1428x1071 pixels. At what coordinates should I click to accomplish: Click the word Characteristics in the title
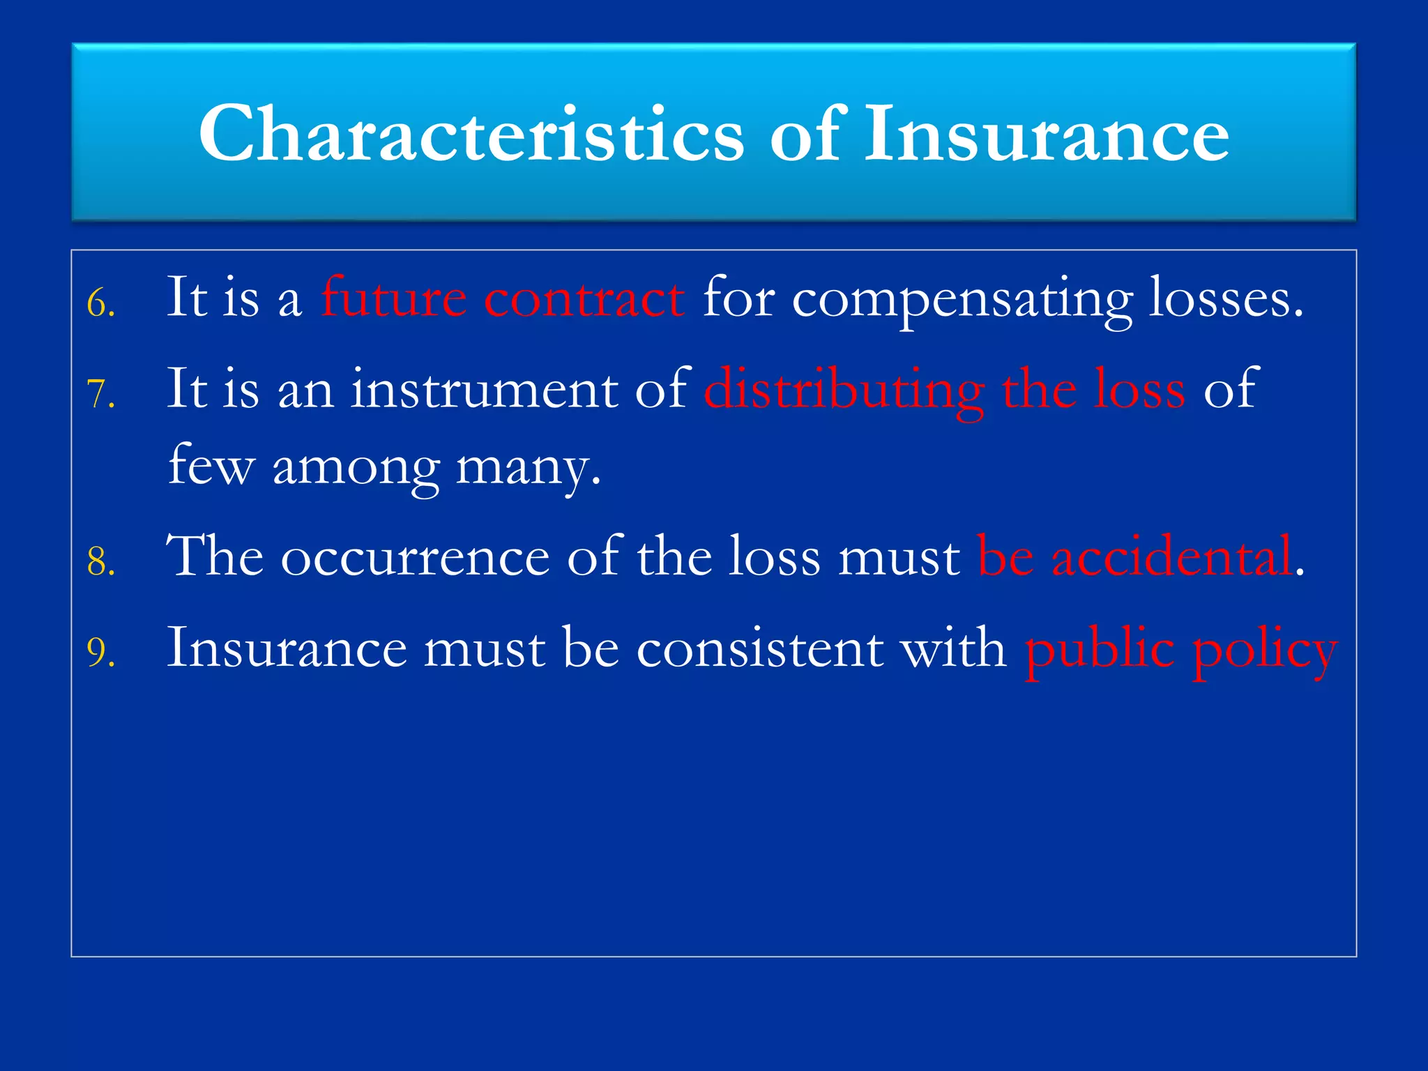click(x=471, y=134)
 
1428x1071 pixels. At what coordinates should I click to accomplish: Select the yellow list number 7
click(x=101, y=395)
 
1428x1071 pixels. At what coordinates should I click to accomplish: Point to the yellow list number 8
click(x=101, y=562)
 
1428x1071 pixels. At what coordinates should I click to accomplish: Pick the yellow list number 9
click(x=101, y=653)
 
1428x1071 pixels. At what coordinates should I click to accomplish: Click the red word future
click(x=394, y=298)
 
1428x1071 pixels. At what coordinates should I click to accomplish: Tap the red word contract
click(x=584, y=298)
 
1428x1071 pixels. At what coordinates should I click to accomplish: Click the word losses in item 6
click(x=1226, y=298)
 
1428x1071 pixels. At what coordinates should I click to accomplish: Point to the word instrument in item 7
click(x=484, y=389)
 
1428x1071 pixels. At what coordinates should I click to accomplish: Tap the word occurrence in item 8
click(x=416, y=556)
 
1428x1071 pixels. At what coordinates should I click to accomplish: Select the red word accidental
click(x=1171, y=556)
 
